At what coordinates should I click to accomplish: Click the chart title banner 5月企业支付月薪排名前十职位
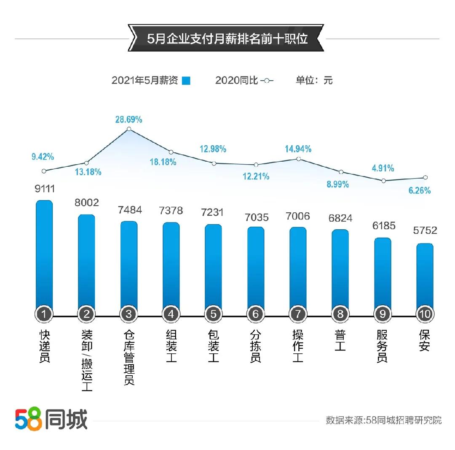227,39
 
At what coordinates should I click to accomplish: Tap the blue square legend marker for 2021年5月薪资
186,81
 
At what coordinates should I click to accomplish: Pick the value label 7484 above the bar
130,210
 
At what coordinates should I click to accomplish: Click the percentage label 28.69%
128,119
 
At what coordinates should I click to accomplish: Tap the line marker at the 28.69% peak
129,129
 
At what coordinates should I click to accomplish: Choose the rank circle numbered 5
213,314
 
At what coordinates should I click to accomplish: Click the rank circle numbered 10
425,314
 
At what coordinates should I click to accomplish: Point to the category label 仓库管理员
129,357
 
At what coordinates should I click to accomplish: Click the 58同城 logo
51,419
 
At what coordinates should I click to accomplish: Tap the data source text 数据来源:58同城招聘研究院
383,420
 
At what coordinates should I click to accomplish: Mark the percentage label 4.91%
383,168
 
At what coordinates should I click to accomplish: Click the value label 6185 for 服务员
383,226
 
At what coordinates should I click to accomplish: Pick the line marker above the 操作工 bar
298,159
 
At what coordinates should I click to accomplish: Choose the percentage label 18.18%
163,162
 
